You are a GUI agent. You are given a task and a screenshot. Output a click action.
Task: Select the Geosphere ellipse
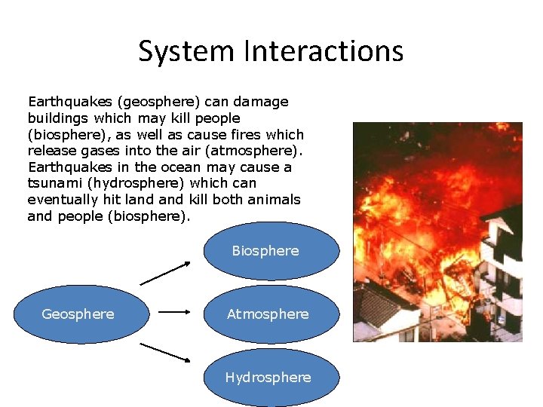click(79, 314)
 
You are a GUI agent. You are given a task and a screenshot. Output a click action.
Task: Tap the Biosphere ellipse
click(265, 251)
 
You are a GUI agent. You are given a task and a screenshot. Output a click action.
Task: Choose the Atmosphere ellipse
click(268, 314)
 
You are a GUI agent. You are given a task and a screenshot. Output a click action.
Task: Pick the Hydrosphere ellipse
click(268, 377)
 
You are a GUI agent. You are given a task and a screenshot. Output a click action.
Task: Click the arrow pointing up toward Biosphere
click(166, 273)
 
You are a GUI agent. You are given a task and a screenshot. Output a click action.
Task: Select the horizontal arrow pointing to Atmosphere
click(176, 310)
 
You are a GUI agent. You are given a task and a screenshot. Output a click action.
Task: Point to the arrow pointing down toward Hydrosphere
click(166, 351)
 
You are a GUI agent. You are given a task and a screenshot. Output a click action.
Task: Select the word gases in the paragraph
click(94, 151)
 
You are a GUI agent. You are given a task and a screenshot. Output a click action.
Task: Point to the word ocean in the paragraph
click(180, 167)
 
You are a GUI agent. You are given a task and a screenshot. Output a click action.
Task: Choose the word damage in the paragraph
click(260, 102)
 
